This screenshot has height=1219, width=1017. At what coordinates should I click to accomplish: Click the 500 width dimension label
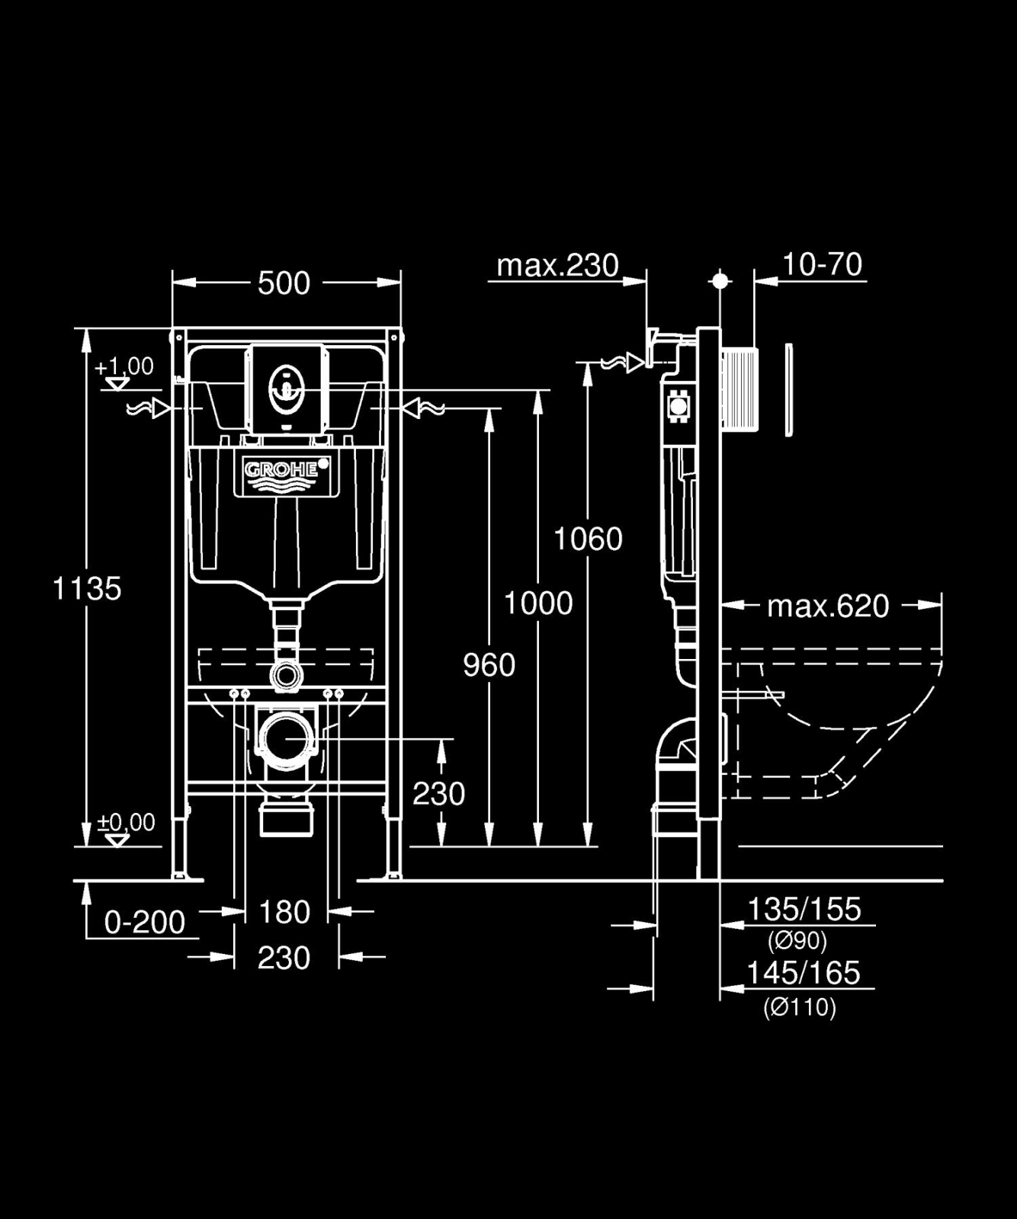tap(284, 283)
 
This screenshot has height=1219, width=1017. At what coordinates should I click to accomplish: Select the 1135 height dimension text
tap(87, 589)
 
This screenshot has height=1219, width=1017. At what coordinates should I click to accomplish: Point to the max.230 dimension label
tap(557, 265)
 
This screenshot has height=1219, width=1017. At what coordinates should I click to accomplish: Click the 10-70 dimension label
tap(823, 264)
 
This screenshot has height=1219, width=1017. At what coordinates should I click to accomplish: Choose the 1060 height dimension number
tap(588, 539)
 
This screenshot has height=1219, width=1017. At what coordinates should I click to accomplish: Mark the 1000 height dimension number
tap(538, 603)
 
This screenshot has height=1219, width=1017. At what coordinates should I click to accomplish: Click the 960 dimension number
tap(489, 665)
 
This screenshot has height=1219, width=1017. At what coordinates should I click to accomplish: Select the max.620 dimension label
tap(828, 606)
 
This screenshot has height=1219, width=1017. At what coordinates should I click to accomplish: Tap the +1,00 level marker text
tap(124, 366)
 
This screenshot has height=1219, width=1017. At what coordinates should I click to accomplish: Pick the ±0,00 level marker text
tap(127, 822)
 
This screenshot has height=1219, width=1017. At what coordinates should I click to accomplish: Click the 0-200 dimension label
tap(145, 923)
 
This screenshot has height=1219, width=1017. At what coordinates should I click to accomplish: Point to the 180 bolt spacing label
tap(284, 912)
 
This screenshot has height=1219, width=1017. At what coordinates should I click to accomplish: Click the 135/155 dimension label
tap(804, 909)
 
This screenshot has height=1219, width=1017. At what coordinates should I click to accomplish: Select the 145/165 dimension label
tap(804, 973)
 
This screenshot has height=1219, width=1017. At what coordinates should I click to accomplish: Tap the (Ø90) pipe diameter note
tap(797, 942)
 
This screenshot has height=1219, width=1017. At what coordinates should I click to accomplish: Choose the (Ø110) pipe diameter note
tap(800, 1008)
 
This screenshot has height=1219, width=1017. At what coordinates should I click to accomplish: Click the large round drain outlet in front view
tap(286, 737)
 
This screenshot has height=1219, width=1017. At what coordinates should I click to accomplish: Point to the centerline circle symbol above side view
tap(720, 281)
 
